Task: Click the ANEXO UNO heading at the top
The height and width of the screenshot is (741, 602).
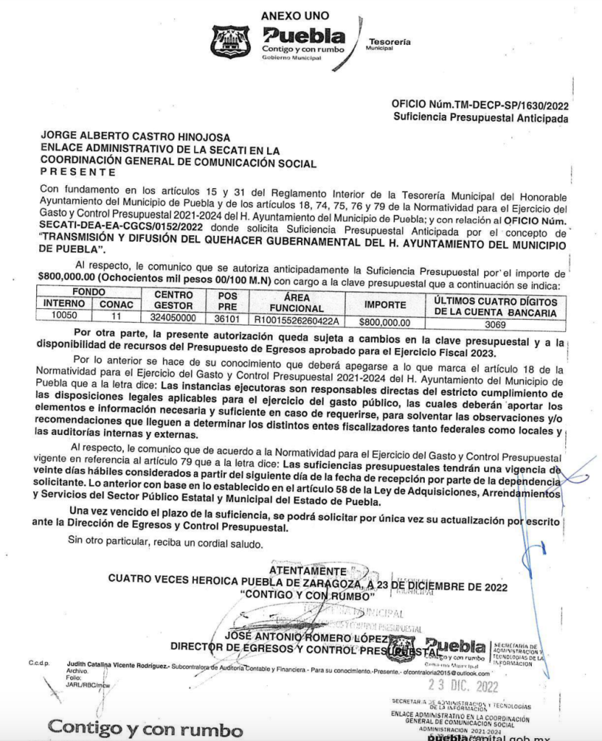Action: [x=294, y=15]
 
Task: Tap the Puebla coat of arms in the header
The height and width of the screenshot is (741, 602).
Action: [x=230, y=42]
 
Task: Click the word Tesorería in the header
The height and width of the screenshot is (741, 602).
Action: [x=390, y=42]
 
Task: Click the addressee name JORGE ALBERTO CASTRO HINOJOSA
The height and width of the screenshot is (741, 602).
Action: [x=135, y=136]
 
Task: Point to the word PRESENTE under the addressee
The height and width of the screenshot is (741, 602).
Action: [x=77, y=172]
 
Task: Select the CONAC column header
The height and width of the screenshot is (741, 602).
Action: [x=116, y=305]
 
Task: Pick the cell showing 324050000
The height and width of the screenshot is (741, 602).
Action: [x=173, y=317]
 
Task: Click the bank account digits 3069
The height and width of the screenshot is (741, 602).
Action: [x=495, y=325]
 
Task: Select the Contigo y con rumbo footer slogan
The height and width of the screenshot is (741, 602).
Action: [x=145, y=727]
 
